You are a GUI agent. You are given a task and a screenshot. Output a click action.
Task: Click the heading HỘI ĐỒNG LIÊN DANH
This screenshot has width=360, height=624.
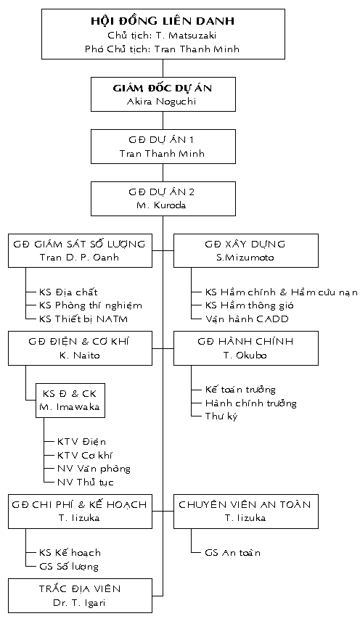(163, 21)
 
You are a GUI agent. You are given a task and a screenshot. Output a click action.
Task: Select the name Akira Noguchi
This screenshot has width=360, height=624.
(162, 101)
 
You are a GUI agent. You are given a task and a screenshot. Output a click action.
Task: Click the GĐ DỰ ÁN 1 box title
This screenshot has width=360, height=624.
(161, 140)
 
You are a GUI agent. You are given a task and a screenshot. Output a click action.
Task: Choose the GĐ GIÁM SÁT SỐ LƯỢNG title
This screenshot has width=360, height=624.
(79, 244)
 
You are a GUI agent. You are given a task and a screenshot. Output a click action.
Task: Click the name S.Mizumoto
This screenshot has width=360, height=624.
(245, 258)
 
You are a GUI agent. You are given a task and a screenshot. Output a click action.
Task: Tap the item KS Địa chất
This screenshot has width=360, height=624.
(68, 292)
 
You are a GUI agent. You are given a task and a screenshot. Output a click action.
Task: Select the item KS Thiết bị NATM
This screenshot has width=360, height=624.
(83, 319)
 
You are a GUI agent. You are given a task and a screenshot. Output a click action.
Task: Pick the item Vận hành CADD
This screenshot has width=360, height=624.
(247, 319)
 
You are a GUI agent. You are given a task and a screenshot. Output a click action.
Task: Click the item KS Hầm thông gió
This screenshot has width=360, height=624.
(250, 305)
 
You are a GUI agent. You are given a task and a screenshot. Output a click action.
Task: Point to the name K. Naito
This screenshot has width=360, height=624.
(79, 355)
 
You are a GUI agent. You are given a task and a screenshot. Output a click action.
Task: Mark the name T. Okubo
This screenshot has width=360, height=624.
(245, 355)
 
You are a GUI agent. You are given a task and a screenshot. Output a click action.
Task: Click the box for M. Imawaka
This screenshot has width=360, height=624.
(70, 401)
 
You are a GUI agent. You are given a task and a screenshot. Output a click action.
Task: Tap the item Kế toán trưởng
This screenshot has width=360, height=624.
(240, 390)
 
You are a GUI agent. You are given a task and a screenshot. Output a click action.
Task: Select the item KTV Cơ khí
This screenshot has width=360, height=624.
(85, 455)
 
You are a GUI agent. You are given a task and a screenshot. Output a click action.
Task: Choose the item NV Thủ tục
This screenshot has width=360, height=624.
(85, 482)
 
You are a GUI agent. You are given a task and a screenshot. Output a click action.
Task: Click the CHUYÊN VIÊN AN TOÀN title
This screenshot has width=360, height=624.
(245, 504)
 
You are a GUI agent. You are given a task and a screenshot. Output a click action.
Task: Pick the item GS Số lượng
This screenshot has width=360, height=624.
(68, 566)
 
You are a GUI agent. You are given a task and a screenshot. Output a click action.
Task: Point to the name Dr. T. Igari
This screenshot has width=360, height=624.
(79, 603)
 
